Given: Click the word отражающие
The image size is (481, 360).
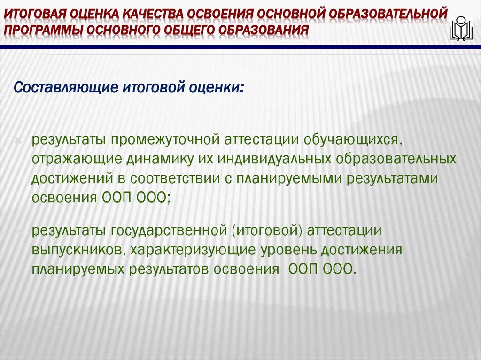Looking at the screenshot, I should tap(75, 159).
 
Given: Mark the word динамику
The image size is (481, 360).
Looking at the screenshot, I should tap(158, 159).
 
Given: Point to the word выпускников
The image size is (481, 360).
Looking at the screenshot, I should tap(77, 250).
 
